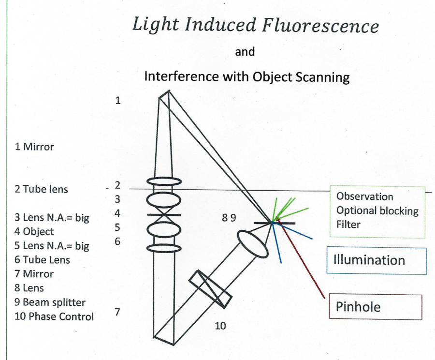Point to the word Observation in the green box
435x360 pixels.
tap(364, 197)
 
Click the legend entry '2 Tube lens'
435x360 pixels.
tap(41, 189)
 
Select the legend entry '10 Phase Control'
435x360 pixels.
tap(54, 317)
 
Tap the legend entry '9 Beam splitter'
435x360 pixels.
tap(50, 302)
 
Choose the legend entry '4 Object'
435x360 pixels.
tap(34, 231)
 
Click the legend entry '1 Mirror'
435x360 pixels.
tap(34, 147)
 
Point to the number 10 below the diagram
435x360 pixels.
tap(220, 326)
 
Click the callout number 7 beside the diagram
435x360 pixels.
tap(117, 312)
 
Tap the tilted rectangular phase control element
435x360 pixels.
tap(210, 288)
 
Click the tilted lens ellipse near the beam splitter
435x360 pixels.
tap(252, 243)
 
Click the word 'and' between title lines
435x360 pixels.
tap(245, 52)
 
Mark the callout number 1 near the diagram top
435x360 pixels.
tap(117, 101)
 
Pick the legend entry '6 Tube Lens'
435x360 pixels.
tap(42, 260)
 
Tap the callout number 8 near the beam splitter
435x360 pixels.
tap(225, 218)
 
